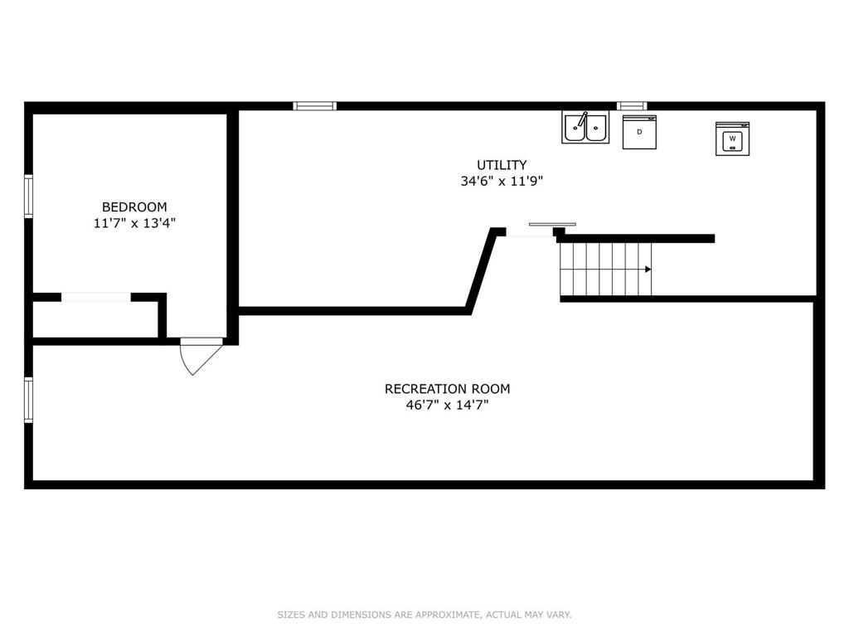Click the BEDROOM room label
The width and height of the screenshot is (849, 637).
[x=134, y=207]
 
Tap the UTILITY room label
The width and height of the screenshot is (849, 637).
[x=502, y=165]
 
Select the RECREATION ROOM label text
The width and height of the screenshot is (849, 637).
[x=447, y=389]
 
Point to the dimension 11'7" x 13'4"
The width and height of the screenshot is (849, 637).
[x=134, y=222]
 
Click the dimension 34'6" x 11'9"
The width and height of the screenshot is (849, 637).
[x=502, y=181]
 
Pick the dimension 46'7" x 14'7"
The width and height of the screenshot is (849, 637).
[x=447, y=405]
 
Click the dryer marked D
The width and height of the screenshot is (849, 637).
[x=639, y=132]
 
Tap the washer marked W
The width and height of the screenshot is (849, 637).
[x=733, y=139]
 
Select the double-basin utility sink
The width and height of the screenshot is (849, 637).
[x=585, y=127]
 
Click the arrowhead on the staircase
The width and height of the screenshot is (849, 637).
[x=648, y=270]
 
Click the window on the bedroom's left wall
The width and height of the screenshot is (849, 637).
[x=29, y=196]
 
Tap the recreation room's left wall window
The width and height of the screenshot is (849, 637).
[x=29, y=400]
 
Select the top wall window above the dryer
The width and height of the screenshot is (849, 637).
[x=632, y=105]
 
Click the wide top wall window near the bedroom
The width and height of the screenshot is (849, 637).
[x=314, y=105]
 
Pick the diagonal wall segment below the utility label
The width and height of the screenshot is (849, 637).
[x=483, y=271]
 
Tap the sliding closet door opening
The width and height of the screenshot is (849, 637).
[x=96, y=297]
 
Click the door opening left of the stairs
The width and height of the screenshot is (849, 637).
[x=530, y=232]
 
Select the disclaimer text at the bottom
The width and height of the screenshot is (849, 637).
[x=424, y=615]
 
